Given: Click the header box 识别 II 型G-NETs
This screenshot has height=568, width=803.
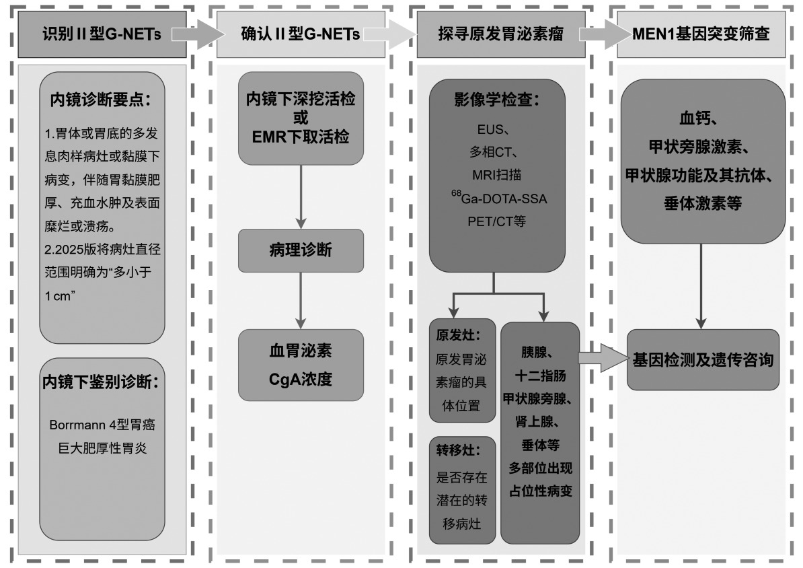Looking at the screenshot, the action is pos(102,34).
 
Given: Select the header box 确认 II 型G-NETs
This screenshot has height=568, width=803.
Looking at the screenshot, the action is pos(301,34).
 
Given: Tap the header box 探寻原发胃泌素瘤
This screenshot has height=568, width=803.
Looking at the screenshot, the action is pos(501,34).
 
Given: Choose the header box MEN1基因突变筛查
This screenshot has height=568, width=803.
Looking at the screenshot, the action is pos(701,34).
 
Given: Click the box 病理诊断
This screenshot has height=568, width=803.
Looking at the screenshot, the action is pos(301,250).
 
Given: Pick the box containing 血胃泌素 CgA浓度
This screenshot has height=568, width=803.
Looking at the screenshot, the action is pos(301,365).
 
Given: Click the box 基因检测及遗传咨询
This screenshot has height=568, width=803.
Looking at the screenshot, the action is pos(703,359).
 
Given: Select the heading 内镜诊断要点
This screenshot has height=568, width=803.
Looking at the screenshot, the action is pos(101,100).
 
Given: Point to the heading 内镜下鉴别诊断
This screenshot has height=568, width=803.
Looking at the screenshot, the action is pos(101,382).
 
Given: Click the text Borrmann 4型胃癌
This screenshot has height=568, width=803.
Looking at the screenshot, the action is pos(102,425).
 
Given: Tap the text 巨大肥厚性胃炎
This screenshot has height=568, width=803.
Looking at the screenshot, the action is pos(102,448).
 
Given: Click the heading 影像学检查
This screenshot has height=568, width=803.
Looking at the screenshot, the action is pos(497,100).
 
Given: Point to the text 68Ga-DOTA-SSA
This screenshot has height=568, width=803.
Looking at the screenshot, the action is pos(499,198).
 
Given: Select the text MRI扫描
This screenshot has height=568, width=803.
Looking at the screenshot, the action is pos(497,175).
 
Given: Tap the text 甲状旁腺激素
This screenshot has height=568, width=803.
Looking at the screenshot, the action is pos(699,147).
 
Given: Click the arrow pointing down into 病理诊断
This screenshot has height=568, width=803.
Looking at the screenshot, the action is pos(301,197).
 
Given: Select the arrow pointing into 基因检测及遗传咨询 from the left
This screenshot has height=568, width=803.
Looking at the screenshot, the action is pos(603,358).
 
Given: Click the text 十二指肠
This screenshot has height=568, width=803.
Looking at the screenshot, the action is pos(540,376).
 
